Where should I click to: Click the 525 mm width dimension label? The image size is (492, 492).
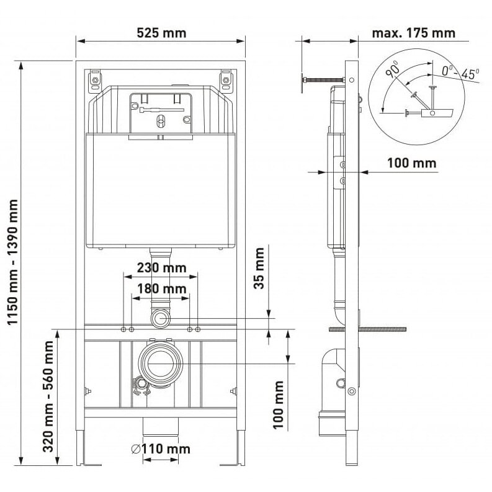[x=161, y=33]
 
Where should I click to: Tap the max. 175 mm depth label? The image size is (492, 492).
[x=414, y=33]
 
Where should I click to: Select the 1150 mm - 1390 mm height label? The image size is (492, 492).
[x=13, y=262]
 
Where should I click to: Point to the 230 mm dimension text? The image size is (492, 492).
[x=161, y=267]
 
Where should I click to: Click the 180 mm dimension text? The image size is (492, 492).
[x=161, y=288]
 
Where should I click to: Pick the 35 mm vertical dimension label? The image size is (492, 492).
[x=259, y=268]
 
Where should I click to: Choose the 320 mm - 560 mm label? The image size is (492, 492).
[x=48, y=396]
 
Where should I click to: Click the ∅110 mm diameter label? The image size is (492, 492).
[x=161, y=449]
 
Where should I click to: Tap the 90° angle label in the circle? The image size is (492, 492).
[x=392, y=69]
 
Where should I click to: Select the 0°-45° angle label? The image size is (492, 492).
[x=460, y=73]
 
